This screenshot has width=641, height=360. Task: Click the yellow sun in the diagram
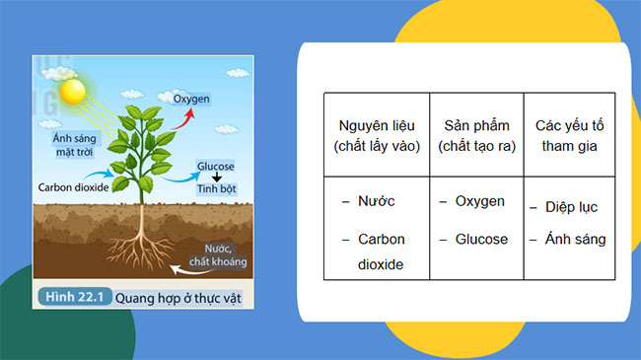tap(73, 93)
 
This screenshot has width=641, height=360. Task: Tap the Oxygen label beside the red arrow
tap(192, 101)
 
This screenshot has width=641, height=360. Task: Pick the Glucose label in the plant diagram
tap(215, 167)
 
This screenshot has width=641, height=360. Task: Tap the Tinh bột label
tap(217, 188)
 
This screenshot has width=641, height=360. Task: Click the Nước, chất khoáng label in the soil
tap(224, 255)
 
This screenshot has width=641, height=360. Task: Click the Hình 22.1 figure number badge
tap(71, 295)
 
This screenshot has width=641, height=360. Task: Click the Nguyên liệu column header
tap(377, 136)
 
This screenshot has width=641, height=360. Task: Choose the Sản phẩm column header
tap(475, 136)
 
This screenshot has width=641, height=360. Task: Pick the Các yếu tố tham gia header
tap(569, 136)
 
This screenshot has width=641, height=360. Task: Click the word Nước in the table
tap(376, 201)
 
